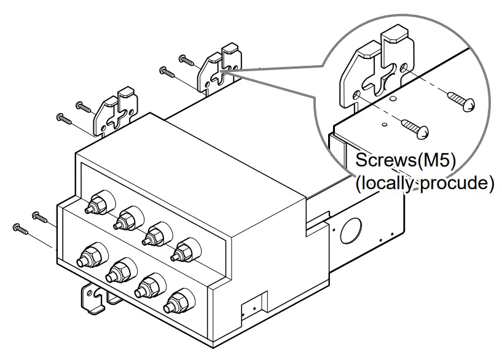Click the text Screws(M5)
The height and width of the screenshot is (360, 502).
pos(405,162)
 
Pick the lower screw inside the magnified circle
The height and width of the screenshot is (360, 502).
pos(416,127)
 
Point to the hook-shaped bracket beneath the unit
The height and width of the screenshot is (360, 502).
pos(91,299)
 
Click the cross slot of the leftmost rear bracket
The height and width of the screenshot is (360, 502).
pos(114,119)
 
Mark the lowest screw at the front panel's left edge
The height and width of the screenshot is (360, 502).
pos(20,230)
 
